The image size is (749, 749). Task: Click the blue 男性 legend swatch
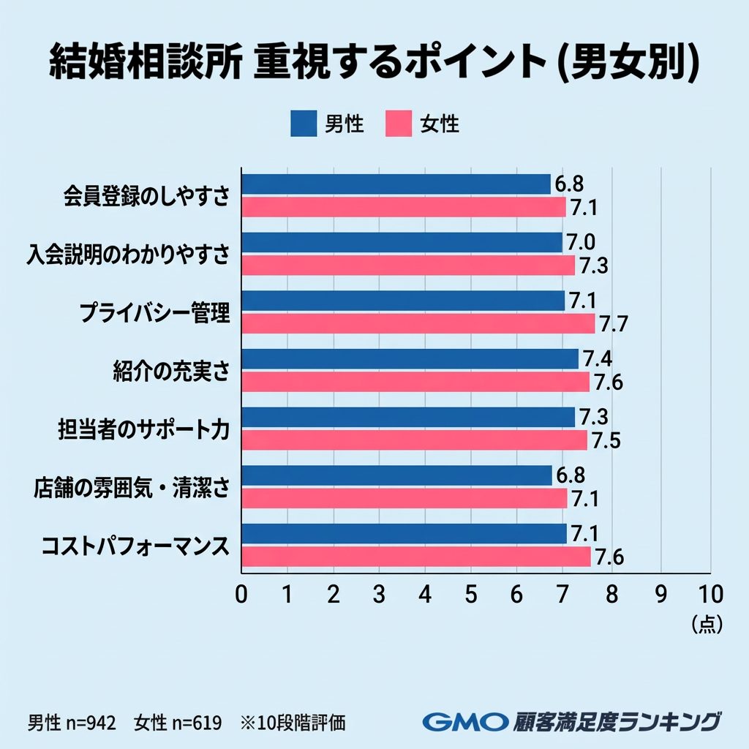pos(303,124)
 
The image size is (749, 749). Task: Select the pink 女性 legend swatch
pos(398,124)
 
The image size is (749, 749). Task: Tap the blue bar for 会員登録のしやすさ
pos(396,184)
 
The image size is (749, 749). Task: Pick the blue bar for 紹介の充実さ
pos(410,358)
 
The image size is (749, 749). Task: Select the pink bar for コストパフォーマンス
pos(415,557)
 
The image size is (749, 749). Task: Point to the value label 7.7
pos(614,323)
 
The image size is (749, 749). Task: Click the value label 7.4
pos(597,358)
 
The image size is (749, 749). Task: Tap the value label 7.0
pos(581,242)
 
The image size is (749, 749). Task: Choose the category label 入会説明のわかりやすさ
pos(128,254)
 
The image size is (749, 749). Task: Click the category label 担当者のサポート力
pos(143,429)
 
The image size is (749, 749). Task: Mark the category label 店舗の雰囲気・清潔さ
pos(132,486)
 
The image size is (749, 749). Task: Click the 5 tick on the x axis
pos(471,593)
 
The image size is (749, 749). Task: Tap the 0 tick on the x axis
pos(241,593)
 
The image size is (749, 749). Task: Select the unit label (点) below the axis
pos(707,624)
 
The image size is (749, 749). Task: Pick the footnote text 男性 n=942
pos(72,723)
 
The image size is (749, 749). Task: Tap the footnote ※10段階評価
pos(293,723)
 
